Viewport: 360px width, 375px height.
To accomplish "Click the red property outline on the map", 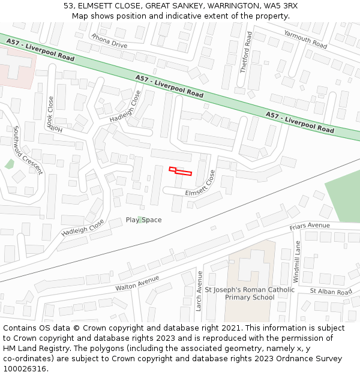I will (x=180, y=172).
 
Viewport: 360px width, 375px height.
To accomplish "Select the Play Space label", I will (x=143, y=220).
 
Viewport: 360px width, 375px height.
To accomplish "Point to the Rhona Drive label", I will (x=109, y=40).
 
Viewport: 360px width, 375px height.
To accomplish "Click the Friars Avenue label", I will (x=310, y=226).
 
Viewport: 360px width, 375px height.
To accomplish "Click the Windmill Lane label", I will (x=297, y=262).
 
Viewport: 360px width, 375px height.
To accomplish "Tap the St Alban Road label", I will (x=331, y=292).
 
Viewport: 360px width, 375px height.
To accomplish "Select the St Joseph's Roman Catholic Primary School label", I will (x=250, y=293).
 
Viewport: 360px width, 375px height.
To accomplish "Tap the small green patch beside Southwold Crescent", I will (x=9, y=164).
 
